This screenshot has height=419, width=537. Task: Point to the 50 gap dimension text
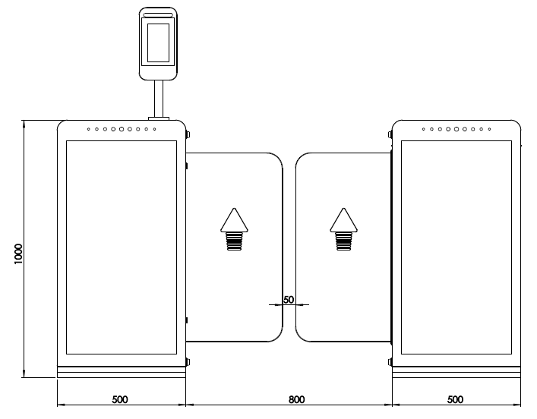point(289,300)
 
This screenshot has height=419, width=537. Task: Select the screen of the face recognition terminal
point(158,43)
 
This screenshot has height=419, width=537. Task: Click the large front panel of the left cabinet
point(122,247)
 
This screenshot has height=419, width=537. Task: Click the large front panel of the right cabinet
point(456,247)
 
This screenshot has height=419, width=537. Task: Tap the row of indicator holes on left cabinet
point(122,129)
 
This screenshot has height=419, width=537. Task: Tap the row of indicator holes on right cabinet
point(456,129)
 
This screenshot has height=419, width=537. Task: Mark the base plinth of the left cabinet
point(122,373)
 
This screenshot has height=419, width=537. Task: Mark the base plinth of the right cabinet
point(456,373)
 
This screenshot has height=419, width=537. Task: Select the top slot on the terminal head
point(158,14)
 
